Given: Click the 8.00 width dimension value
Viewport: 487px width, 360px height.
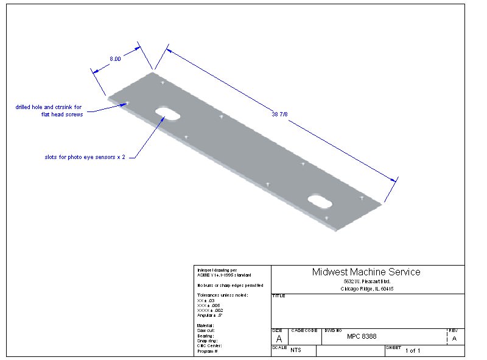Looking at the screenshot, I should click(x=115, y=58).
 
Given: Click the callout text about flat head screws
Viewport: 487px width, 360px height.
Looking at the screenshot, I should click(x=49, y=111).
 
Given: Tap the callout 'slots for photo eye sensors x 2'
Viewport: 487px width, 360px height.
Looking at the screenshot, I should click(x=85, y=156).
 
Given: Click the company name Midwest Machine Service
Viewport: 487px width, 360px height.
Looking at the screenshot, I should click(x=366, y=272).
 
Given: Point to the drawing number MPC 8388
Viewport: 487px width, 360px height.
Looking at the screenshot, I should click(x=362, y=336).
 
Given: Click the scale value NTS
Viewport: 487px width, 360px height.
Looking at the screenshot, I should click(x=296, y=350).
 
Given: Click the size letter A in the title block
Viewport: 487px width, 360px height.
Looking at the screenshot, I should click(x=279, y=338).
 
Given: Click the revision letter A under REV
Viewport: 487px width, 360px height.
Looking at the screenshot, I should click(x=454, y=338).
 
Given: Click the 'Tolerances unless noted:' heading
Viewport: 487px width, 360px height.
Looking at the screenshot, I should click(x=222, y=295).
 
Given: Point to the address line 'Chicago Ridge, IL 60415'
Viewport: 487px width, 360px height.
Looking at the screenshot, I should click(x=367, y=289).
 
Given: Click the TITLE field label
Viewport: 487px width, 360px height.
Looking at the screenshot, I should click(x=279, y=295).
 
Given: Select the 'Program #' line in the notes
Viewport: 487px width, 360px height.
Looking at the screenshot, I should click(x=208, y=351).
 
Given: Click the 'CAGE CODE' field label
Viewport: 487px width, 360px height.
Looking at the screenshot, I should click(x=304, y=330).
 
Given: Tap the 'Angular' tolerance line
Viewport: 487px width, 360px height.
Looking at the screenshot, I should click(x=210, y=315).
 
